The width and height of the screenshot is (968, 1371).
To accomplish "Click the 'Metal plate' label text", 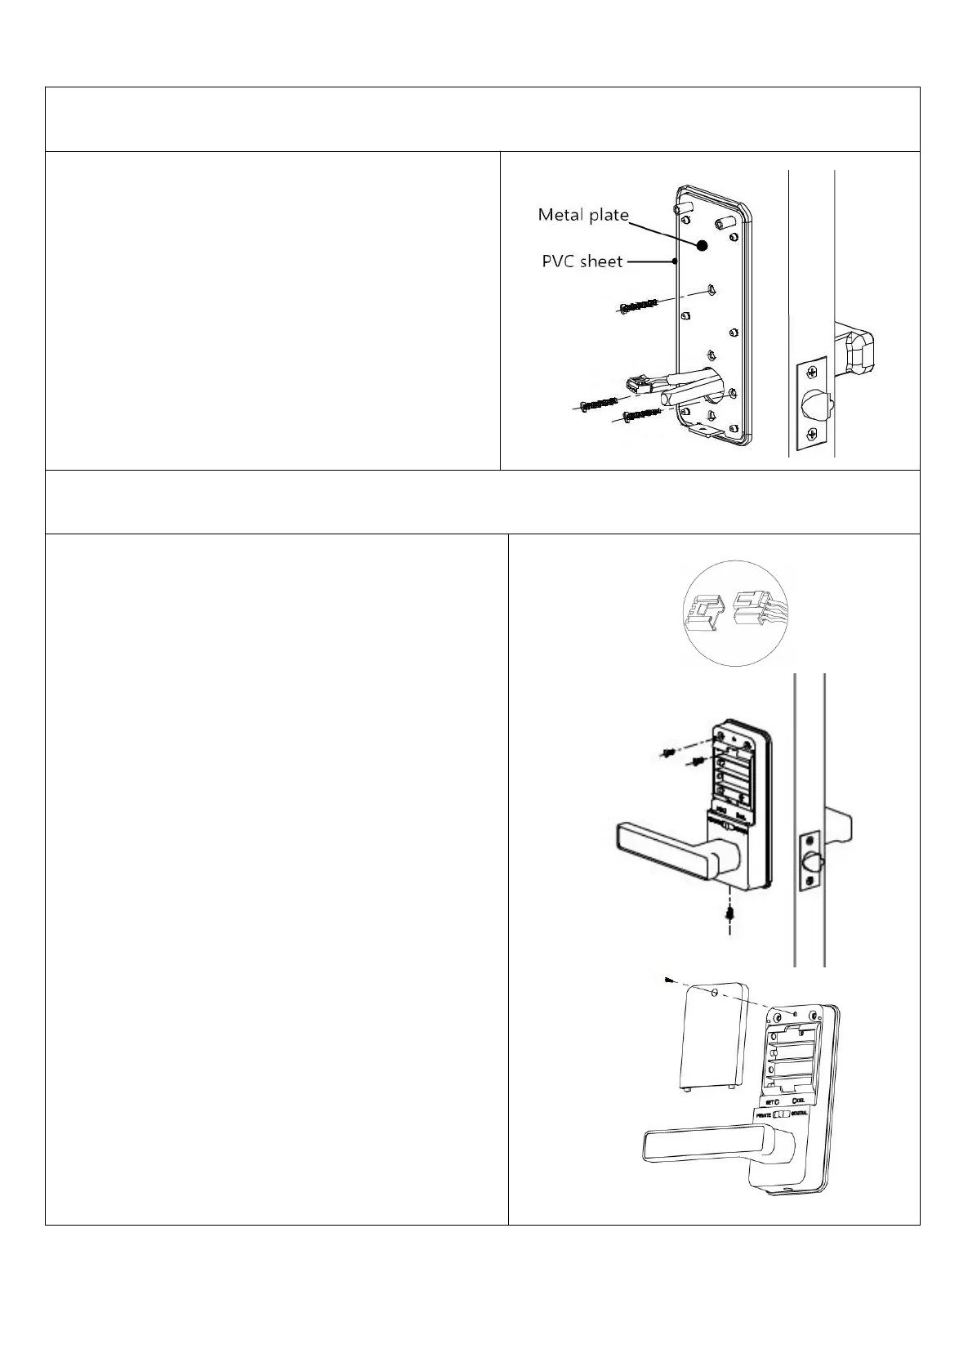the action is tap(582, 216).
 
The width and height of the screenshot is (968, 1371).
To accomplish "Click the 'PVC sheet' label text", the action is tap(582, 262).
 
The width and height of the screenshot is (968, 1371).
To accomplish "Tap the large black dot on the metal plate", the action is tap(703, 245).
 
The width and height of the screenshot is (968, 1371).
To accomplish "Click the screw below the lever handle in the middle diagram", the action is tap(729, 913).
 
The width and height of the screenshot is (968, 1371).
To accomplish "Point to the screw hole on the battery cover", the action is tap(715, 994).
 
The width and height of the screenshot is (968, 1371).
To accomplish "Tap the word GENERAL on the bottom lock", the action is tap(805, 1114).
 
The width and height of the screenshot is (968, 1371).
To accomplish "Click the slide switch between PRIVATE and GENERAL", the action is tap(783, 1114).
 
